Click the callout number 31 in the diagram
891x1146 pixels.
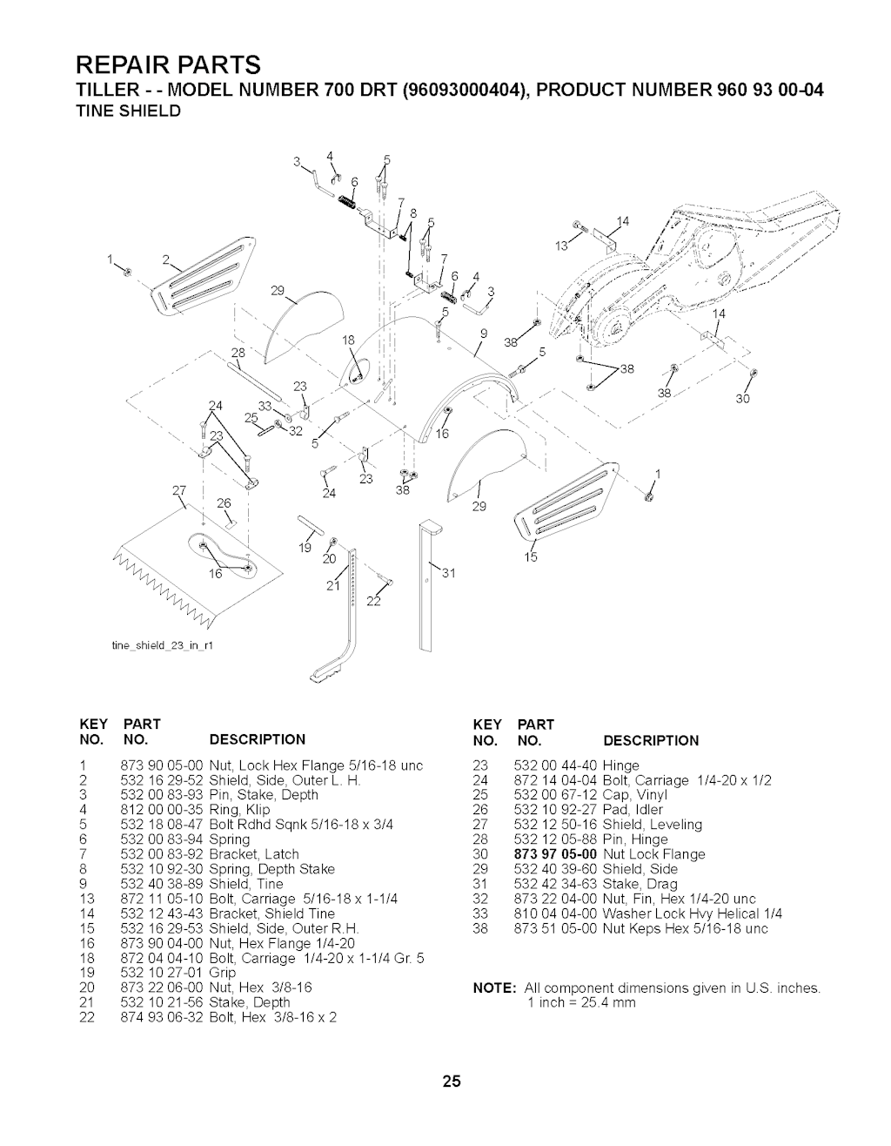(x=450, y=573)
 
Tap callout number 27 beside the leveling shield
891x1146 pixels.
(x=180, y=489)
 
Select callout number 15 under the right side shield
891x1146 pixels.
(x=532, y=556)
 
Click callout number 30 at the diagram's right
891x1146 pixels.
(x=741, y=400)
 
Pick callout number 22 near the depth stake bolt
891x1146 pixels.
(x=374, y=607)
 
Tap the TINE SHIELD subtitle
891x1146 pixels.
(x=127, y=111)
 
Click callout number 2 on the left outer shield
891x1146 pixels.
(x=164, y=260)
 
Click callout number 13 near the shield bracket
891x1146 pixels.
(x=562, y=246)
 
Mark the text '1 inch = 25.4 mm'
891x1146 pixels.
(x=581, y=1003)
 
